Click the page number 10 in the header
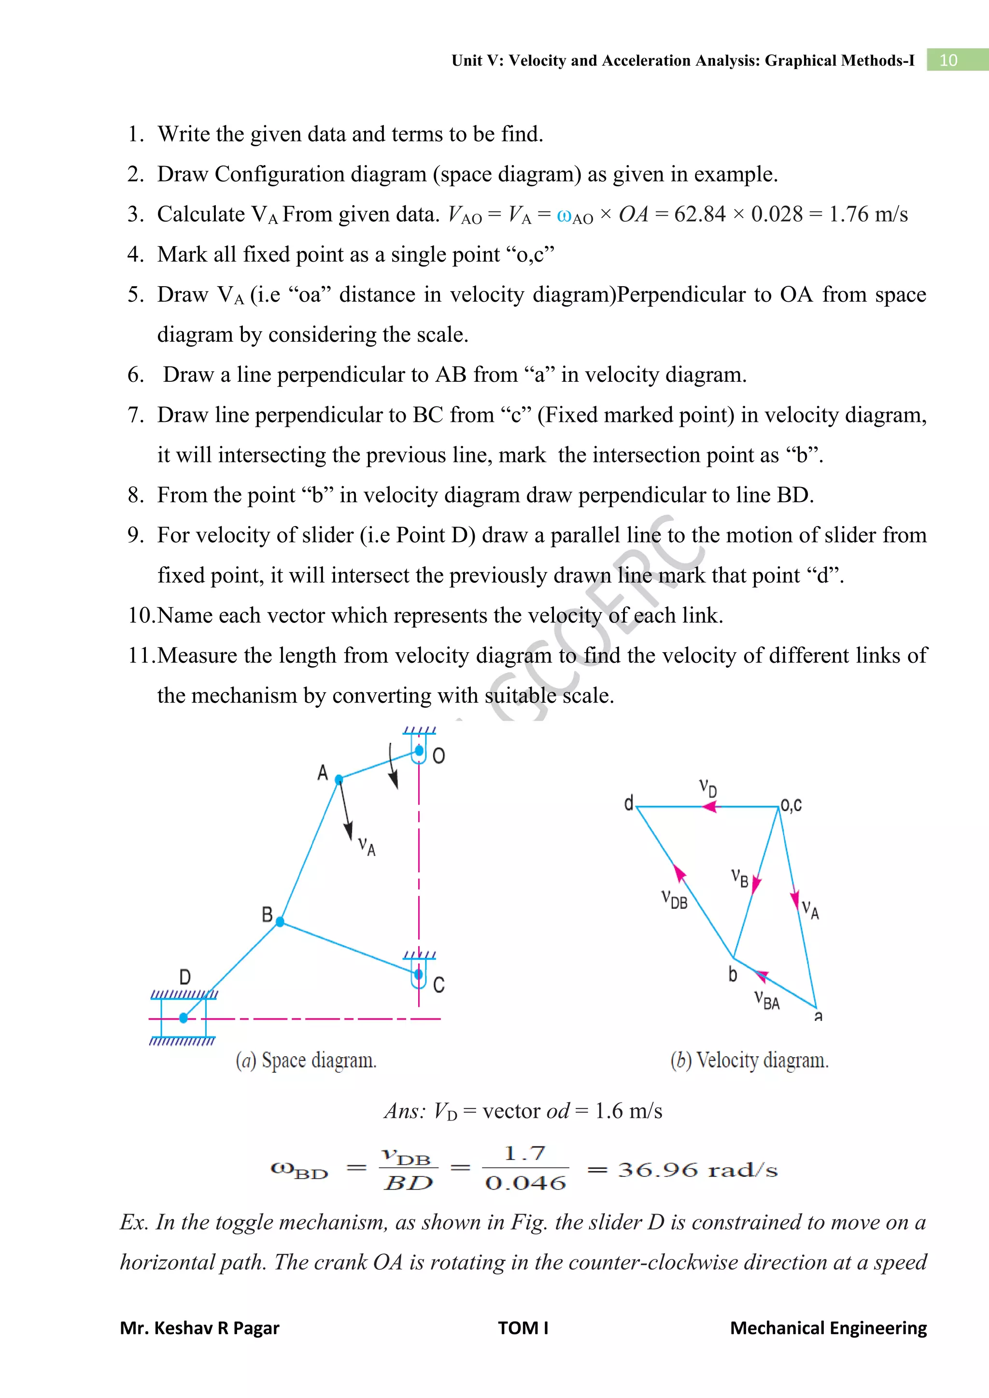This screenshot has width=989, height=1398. coord(948,60)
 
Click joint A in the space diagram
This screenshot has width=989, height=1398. coord(339,779)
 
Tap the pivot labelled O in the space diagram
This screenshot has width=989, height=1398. coord(419,751)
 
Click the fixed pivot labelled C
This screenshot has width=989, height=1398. coord(418,974)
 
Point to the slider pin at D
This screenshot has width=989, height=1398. coord(184,1018)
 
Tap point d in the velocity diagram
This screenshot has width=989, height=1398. coord(629,803)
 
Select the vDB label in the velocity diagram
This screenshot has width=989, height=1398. coord(675,899)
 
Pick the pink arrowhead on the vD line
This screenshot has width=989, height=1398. coord(709,807)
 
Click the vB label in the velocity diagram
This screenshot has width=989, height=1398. coord(740,878)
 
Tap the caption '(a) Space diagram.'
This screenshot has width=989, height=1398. coord(306,1060)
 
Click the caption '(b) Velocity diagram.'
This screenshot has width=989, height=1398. coord(749,1060)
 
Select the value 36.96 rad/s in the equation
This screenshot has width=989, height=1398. coord(697,1170)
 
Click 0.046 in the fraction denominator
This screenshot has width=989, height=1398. coord(525,1183)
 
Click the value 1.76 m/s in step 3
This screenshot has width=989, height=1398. coord(868,214)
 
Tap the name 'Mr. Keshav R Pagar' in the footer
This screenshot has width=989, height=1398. coord(200,1328)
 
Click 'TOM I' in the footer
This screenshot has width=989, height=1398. coord(523,1328)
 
